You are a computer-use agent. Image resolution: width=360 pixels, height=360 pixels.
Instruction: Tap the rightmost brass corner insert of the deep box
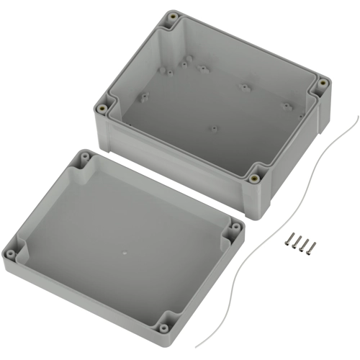coord(321,87)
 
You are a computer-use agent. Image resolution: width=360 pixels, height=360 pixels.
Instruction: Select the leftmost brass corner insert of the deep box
coord(104,108)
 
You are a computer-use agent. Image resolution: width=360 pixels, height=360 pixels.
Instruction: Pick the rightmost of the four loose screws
coord(311,247)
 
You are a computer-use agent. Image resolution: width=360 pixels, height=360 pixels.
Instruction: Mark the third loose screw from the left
coord(303,246)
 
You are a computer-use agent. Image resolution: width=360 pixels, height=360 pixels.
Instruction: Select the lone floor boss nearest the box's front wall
coord(213,130)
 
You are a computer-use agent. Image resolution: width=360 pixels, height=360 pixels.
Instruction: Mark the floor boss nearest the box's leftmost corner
coord(143,96)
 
